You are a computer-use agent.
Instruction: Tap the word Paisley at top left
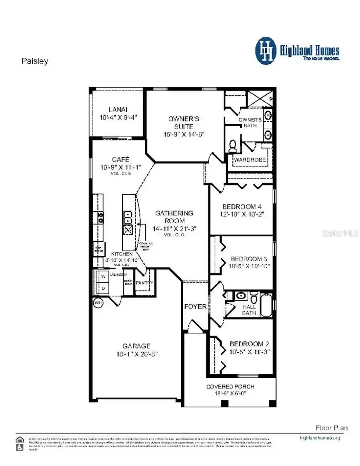click(x=34, y=61)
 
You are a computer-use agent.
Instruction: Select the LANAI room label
click(x=118, y=110)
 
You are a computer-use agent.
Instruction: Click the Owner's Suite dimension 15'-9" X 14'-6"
click(x=184, y=135)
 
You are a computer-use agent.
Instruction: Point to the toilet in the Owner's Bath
click(x=232, y=147)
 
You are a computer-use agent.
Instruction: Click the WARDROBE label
click(x=250, y=160)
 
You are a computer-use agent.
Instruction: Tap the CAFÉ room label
click(x=120, y=160)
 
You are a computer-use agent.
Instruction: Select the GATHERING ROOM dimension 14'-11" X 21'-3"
click(x=174, y=229)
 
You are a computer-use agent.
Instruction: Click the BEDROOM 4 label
click(x=239, y=207)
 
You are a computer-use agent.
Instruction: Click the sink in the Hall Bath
click(x=241, y=296)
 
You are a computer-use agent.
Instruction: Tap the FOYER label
click(x=195, y=307)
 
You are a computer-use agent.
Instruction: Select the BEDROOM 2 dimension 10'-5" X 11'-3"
click(x=249, y=352)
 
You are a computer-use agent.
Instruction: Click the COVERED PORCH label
click(x=230, y=386)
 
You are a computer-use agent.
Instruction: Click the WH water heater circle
click(x=98, y=303)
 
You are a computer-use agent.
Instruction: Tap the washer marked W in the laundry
click(x=103, y=277)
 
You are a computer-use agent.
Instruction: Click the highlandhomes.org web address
click(x=320, y=438)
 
